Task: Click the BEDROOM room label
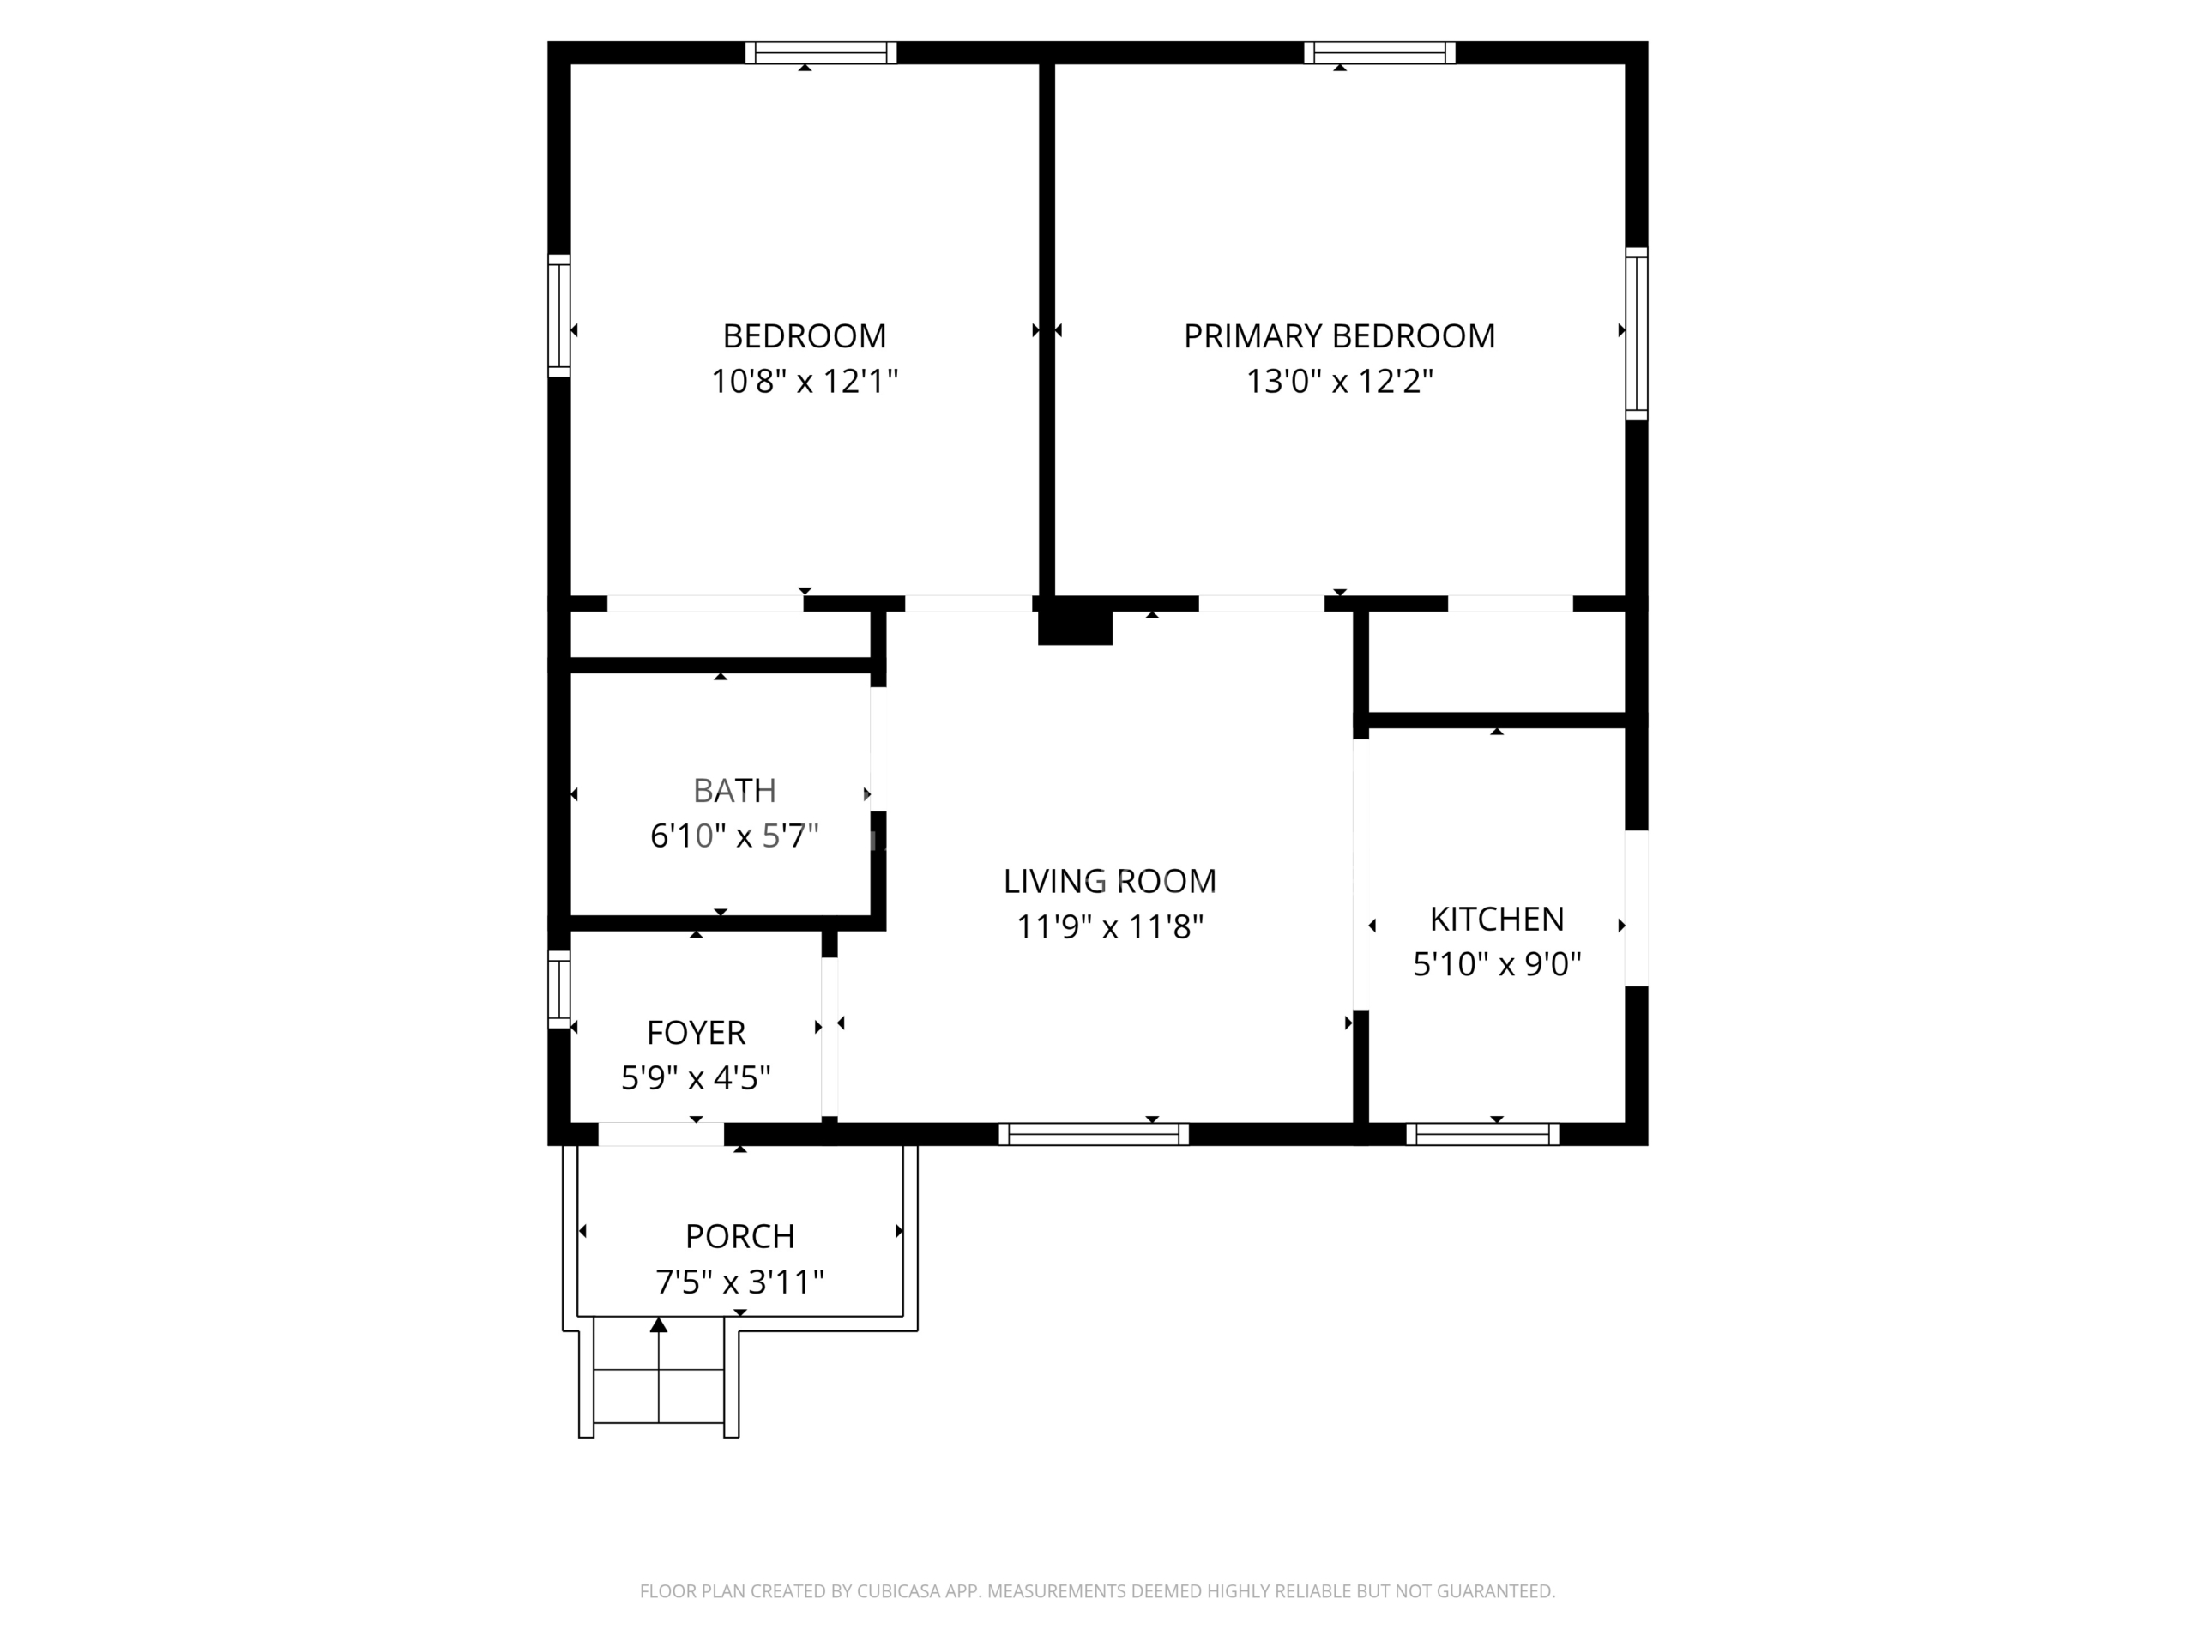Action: click(804, 336)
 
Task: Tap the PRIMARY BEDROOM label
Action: click(1339, 336)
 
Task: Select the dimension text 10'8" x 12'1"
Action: click(804, 381)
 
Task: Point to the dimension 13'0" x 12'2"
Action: click(1339, 381)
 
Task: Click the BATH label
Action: click(734, 790)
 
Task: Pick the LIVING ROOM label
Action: click(1109, 882)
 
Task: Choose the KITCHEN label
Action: click(1497, 920)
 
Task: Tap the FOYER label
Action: click(696, 1033)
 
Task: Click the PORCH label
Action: click(739, 1237)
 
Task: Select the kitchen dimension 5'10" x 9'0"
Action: click(1497, 964)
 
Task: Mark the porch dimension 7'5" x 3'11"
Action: click(739, 1282)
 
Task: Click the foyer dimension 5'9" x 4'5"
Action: click(696, 1077)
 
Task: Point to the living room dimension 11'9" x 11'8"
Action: click(1109, 927)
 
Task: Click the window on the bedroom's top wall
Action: click(821, 52)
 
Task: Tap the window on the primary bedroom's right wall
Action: click(1636, 334)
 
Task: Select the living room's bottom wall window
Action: click(1093, 1134)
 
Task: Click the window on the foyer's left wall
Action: click(560, 990)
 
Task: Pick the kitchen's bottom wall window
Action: click(1483, 1134)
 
